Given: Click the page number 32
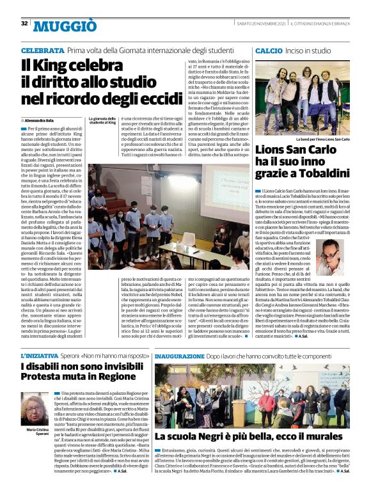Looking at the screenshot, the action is tap(24, 23).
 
